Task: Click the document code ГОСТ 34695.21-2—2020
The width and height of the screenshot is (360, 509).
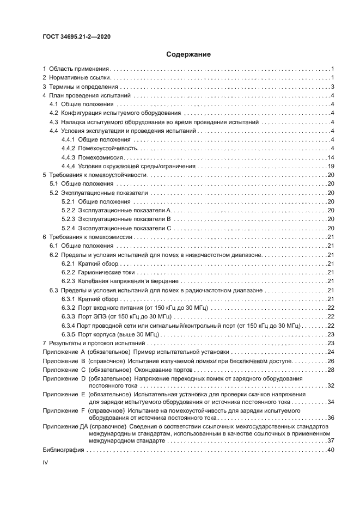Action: (x=77, y=37)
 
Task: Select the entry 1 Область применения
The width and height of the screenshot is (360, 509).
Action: (x=76, y=69)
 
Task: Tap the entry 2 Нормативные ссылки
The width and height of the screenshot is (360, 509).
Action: (x=76, y=78)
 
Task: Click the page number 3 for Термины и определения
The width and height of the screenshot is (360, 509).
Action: (x=332, y=87)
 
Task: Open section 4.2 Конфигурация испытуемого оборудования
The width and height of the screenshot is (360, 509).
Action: (x=118, y=113)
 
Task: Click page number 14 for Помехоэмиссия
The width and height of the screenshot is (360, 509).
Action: (x=330, y=157)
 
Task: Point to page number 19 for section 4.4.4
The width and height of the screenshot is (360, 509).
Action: (x=330, y=166)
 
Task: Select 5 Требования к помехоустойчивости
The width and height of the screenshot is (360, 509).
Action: (x=95, y=175)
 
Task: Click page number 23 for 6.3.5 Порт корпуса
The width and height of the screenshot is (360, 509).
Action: (x=330, y=334)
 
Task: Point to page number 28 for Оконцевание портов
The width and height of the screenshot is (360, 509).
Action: (x=330, y=370)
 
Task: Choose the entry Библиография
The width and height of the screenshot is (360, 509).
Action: (x=63, y=450)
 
